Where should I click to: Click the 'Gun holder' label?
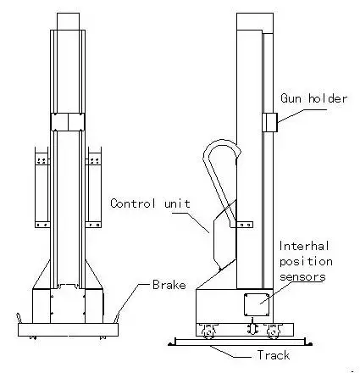tap(313, 98)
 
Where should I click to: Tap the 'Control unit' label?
tap(150, 203)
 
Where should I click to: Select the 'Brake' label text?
tap(169, 285)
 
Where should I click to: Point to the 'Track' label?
tap(274, 355)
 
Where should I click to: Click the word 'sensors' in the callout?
tap(302, 277)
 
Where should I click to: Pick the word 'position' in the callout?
tap(306, 262)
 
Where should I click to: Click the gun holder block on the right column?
tap(270, 122)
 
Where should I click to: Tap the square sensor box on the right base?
tap(257, 304)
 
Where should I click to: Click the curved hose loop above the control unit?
tap(223, 142)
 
